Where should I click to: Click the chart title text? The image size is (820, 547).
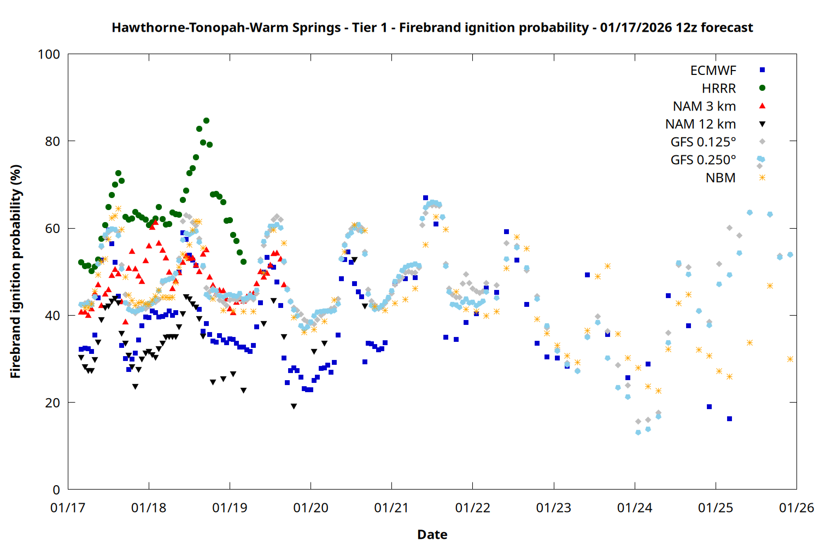pyautogui.click(x=432, y=27)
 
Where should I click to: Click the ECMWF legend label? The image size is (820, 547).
pyautogui.click(x=713, y=71)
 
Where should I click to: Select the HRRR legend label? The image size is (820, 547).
pyautogui.click(x=719, y=89)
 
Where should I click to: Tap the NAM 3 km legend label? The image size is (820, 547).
pyautogui.click(x=704, y=106)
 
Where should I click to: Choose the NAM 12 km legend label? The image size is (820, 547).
pyautogui.click(x=700, y=124)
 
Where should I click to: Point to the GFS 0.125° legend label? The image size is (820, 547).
pyautogui.click(x=703, y=142)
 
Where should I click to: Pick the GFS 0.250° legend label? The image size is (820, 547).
pyautogui.click(x=703, y=160)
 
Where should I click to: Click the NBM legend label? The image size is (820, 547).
pyautogui.click(x=721, y=178)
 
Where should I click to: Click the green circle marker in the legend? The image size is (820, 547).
pyautogui.click(x=762, y=88)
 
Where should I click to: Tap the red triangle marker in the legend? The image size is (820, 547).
pyautogui.click(x=762, y=106)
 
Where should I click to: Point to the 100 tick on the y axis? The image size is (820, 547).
pyautogui.click(x=49, y=55)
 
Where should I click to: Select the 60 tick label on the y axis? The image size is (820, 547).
pyautogui.click(x=52, y=229)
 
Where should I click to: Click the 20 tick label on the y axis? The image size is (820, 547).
pyautogui.click(x=52, y=403)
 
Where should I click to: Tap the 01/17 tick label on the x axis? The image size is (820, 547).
pyautogui.click(x=68, y=508)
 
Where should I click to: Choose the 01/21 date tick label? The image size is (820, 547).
pyautogui.click(x=392, y=508)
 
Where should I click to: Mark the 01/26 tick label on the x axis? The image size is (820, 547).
pyautogui.click(x=796, y=508)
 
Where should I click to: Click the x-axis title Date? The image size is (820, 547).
pyautogui.click(x=432, y=534)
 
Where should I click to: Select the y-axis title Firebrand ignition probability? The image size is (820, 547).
pyautogui.click(x=15, y=271)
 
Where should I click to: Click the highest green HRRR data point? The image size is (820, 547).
pyautogui.click(x=206, y=121)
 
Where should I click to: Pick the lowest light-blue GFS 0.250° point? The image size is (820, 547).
pyautogui.click(x=638, y=432)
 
